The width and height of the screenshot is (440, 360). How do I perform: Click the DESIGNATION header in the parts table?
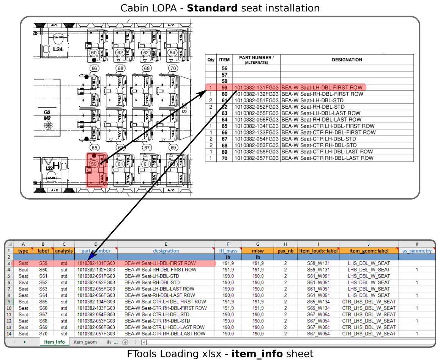tap(347, 60)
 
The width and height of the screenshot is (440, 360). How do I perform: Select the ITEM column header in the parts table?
tap(224, 60)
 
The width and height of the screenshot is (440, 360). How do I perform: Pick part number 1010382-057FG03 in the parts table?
tap(257, 158)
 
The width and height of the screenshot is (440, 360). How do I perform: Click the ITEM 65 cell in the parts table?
tap(224, 126)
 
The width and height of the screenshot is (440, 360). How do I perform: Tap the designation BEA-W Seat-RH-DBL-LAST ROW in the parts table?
tap(321, 120)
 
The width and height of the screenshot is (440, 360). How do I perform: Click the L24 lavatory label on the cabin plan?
tap(58, 49)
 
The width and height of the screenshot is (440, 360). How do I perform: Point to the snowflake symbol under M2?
tap(48, 126)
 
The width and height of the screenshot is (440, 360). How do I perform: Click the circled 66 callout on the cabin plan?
tap(94, 68)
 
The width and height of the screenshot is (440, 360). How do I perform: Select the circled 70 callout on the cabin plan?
tap(173, 68)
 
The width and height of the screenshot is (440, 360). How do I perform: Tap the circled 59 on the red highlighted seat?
tap(94, 164)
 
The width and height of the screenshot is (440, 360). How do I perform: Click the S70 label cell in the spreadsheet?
tap(43, 334)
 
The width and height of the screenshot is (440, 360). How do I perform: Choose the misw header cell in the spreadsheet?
tap(257, 251)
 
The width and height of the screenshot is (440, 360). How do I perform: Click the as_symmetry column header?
tap(416, 251)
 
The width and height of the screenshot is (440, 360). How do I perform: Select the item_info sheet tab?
tap(54, 342)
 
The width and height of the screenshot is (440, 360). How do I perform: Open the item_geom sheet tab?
tap(85, 342)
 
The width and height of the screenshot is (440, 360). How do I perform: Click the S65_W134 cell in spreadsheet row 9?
tap(318, 302)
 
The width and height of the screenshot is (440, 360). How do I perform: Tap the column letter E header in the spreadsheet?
tap(166, 244)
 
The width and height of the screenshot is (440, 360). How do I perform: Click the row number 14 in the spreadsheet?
tap(9, 334)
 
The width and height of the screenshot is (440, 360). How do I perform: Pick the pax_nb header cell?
tap(285, 251)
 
